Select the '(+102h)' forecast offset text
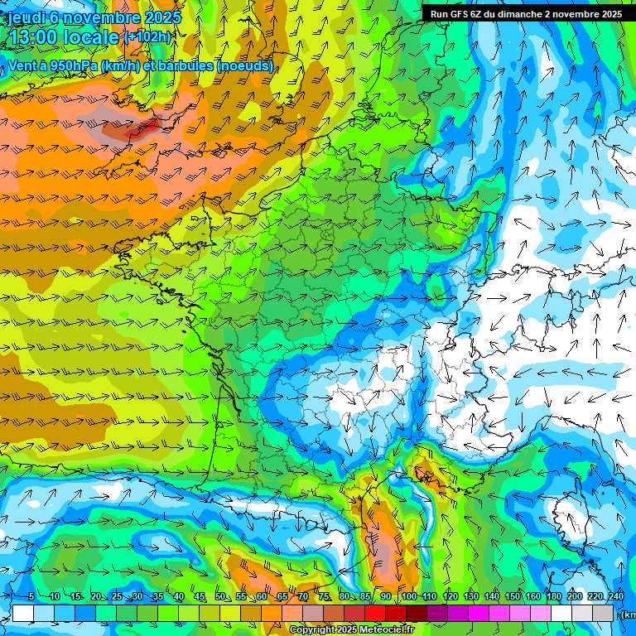(x=147, y=36)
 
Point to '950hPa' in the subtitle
(x=73, y=65)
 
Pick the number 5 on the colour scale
(x=31, y=596)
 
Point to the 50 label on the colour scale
(x=219, y=596)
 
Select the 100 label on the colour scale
(x=407, y=596)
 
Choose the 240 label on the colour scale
(x=616, y=596)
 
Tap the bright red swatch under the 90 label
(x=375, y=614)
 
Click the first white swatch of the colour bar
(x=23, y=614)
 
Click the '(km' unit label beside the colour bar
(x=629, y=614)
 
